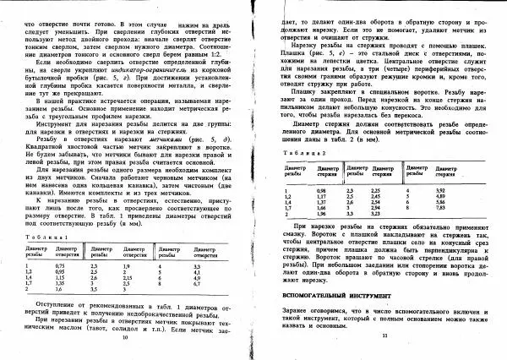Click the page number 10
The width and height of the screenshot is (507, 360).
[124, 336]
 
